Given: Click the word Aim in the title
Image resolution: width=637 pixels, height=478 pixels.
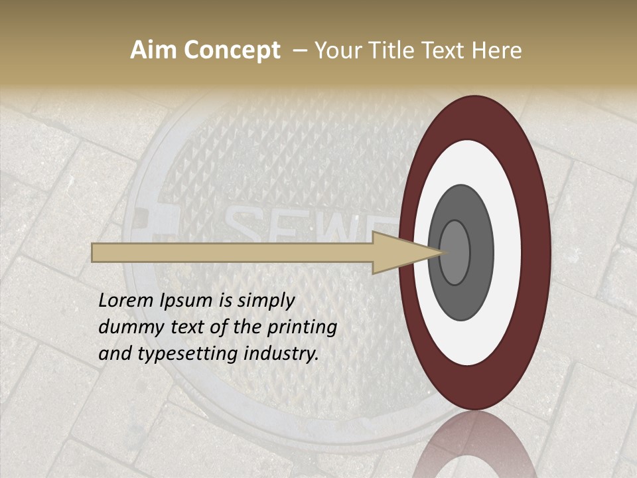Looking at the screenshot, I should (x=153, y=50).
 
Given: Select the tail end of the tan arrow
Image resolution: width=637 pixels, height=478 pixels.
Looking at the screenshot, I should (x=97, y=252).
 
